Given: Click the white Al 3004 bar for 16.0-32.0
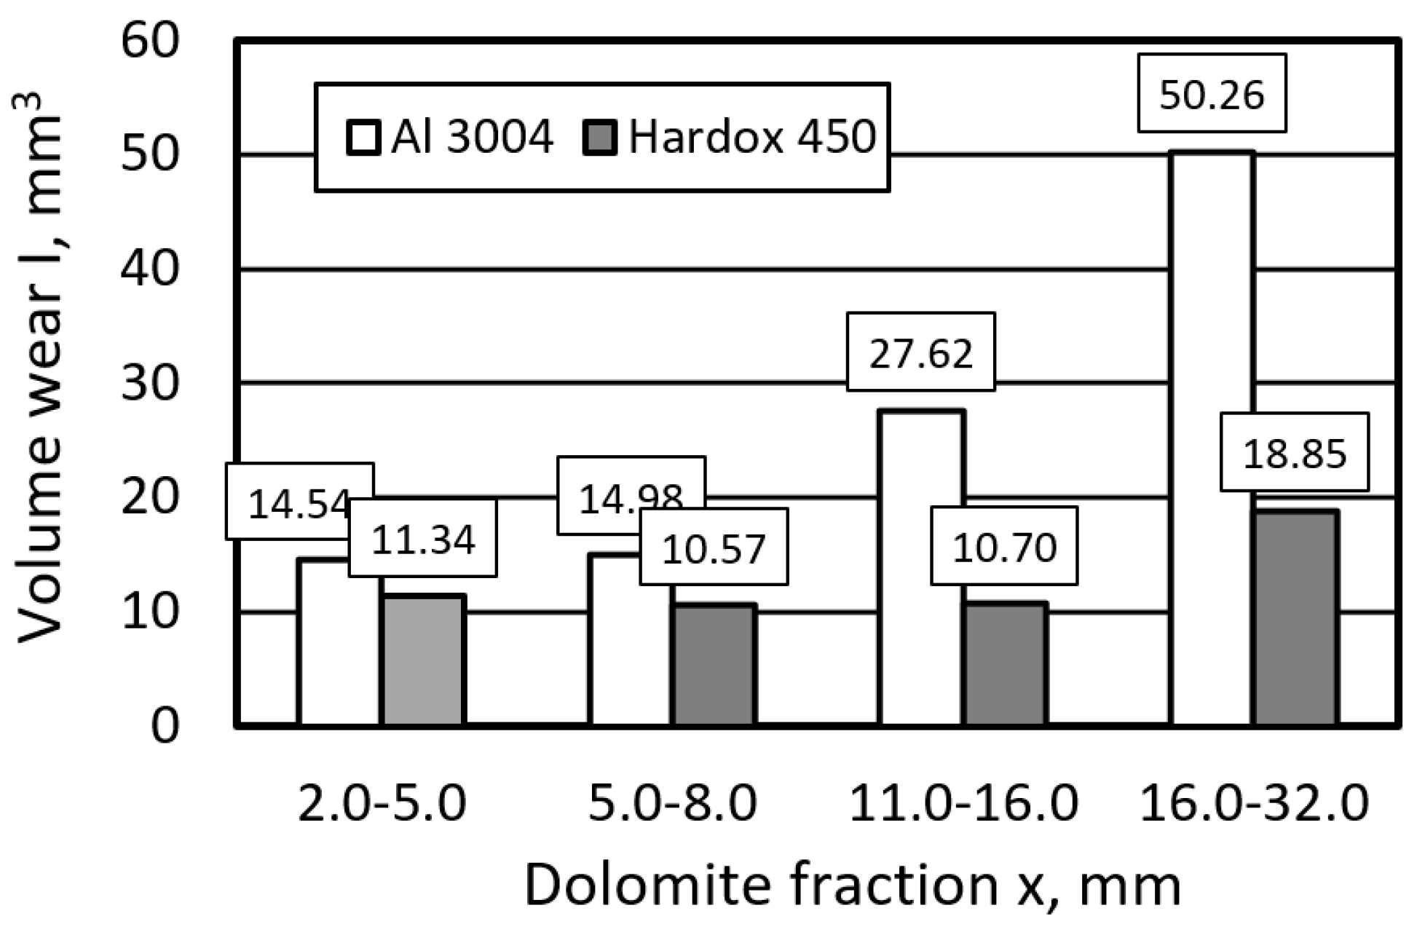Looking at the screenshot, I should tap(1212, 437).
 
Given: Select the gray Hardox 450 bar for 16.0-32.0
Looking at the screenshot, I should tap(1296, 619).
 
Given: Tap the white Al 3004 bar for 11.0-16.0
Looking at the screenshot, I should tap(922, 568).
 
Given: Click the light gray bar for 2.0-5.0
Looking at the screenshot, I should tap(423, 660).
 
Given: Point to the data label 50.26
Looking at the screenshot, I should tap(1212, 94).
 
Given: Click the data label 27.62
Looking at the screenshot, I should tap(920, 353).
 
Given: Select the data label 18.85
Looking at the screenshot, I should tap(1294, 453).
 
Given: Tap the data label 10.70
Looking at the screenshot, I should tap(1004, 547).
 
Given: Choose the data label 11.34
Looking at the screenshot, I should tap(423, 539).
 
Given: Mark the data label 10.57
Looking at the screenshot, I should tap(714, 548).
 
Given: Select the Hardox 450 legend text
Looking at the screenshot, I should tap(751, 136).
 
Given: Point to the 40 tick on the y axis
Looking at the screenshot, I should tap(150, 269).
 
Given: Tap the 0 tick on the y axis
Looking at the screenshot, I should tap(165, 726).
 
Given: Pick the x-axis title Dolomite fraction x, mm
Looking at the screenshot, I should tap(852, 885).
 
